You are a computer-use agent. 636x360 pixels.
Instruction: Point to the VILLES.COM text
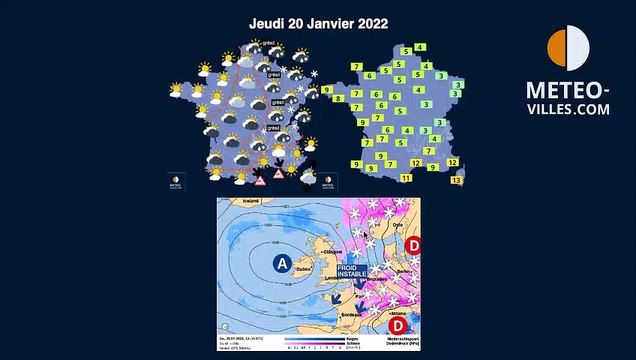pos(568,111)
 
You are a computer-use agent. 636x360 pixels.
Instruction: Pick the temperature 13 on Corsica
pos(456,181)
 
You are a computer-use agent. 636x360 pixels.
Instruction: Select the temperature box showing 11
pos(406,177)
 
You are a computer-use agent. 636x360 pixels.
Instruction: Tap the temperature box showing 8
pos(339,99)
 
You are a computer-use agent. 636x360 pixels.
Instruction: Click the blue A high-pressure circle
pos(283,264)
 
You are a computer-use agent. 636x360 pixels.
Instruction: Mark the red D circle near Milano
pos(398,326)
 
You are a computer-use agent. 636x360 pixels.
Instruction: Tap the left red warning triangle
pos(260,180)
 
